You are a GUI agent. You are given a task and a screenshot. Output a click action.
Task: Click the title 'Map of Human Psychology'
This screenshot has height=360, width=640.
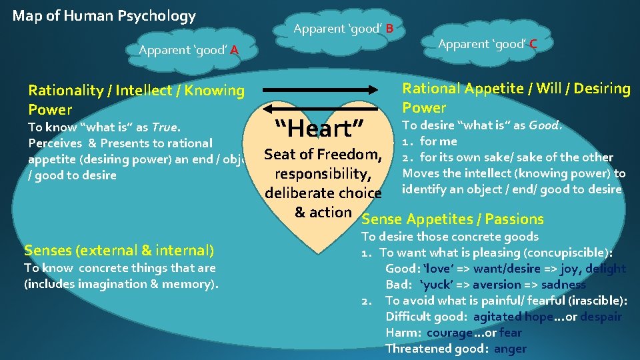(104, 15)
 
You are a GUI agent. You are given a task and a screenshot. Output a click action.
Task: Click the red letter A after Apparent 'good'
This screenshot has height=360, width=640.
(235, 49)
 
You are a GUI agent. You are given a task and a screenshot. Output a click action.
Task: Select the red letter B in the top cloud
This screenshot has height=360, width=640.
(389, 29)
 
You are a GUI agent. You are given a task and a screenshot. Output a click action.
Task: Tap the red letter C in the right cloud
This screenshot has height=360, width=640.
(533, 44)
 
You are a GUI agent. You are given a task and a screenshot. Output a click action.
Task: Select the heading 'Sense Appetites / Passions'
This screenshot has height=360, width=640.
(452, 219)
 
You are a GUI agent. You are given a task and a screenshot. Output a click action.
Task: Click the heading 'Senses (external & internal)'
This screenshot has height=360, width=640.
(119, 251)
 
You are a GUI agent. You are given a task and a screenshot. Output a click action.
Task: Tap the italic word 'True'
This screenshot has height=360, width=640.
(165, 127)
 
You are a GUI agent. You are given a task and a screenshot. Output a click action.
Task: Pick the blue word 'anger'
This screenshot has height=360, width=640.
(510, 349)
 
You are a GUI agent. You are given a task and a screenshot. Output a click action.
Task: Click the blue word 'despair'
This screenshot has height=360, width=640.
(601, 317)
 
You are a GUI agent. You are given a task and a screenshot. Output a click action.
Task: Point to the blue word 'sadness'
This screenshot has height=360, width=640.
(563, 285)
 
